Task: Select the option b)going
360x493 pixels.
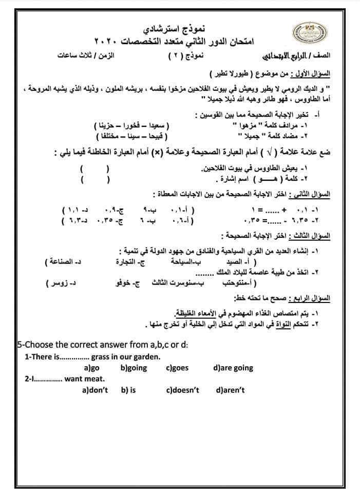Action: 134,368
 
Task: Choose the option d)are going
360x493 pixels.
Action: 233,368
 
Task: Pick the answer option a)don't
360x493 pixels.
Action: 95,390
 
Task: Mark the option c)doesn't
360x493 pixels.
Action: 182,390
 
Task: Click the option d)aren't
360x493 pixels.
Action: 230,390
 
